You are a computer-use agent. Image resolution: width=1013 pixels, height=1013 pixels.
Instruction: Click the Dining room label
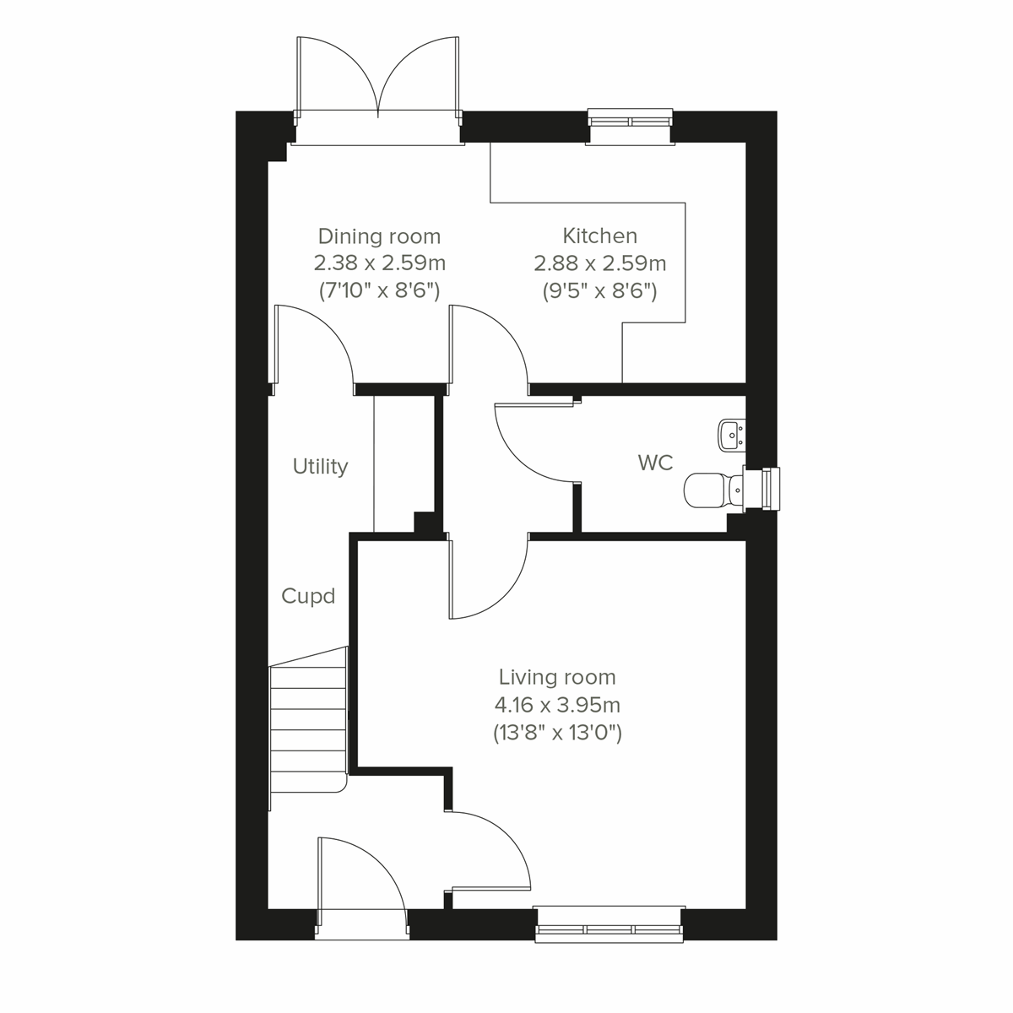pyautogui.click(x=379, y=236)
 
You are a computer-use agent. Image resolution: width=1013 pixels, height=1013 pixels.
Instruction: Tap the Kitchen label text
pyautogui.click(x=599, y=236)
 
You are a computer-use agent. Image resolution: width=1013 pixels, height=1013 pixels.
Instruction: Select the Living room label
pyautogui.click(x=557, y=677)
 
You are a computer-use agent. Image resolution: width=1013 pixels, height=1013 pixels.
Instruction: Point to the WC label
pyautogui.click(x=655, y=463)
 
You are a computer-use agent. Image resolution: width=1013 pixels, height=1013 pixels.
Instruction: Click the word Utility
pyautogui.click(x=320, y=467)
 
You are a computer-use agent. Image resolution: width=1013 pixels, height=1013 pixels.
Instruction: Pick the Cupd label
pyautogui.click(x=308, y=597)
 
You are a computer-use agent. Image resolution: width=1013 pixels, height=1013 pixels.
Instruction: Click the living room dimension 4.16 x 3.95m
pyautogui.click(x=557, y=705)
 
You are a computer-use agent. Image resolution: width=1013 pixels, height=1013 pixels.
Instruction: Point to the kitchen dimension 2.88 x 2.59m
pyautogui.click(x=599, y=263)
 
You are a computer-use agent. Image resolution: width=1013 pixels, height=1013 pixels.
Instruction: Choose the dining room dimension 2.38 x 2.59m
pyautogui.click(x=379, y=263)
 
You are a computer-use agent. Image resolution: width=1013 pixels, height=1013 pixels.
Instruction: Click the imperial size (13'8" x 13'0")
pyautogui.click(x=557, y=733)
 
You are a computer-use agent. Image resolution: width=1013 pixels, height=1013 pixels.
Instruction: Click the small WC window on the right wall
pyautogui.click(x=770, y=489)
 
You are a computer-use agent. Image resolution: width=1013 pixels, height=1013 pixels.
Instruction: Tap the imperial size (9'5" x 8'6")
pyautogui.click(x=599, y=291)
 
